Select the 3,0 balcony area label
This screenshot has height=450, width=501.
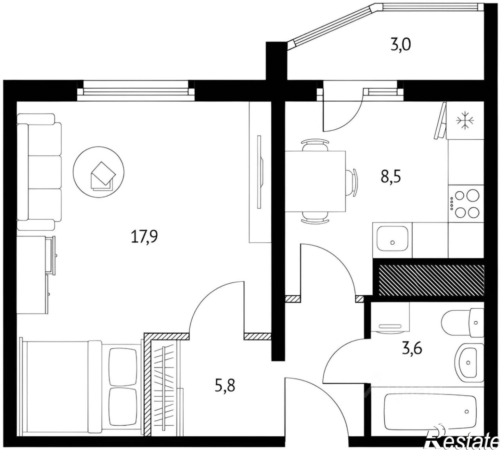click(401, 45)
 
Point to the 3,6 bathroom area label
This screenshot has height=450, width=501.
click(412, 349)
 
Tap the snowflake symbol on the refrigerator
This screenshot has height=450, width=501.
click(465, 120)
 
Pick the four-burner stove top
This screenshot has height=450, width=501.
click(466, 204)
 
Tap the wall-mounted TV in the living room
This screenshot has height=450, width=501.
click(260, 172)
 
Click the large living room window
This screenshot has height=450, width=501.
click(136, 91)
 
